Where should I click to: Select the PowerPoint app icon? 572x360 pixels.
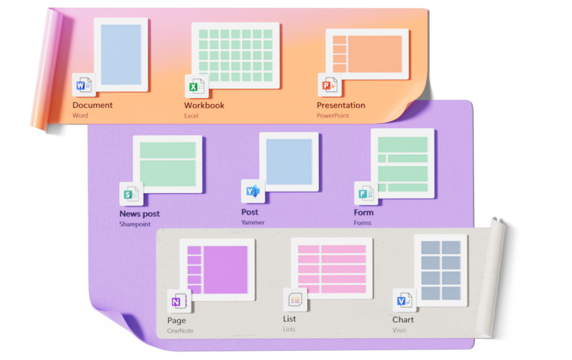[329, 85]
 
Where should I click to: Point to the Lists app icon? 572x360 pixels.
[295, 300]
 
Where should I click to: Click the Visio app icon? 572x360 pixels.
[404, 301]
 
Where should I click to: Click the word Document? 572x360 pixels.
[93, 105]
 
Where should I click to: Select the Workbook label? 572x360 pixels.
[204, 105]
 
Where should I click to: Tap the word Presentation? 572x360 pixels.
[341, 105]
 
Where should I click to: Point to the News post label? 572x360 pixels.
[140, 214]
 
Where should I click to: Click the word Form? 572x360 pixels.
[363, 212]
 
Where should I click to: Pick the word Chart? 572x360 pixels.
[403, 320]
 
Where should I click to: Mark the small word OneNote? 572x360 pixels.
[180, 331]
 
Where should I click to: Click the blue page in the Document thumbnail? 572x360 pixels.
[121, 55]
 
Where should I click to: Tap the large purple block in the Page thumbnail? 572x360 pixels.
[225, 269]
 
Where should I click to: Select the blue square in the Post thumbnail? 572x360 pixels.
[289, 162]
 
